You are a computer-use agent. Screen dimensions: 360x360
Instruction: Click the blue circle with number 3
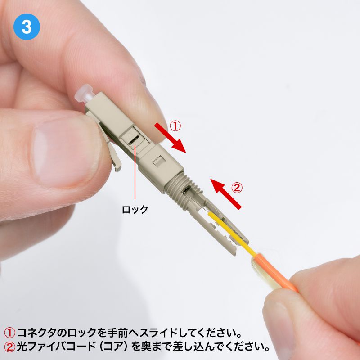click(27, 27)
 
